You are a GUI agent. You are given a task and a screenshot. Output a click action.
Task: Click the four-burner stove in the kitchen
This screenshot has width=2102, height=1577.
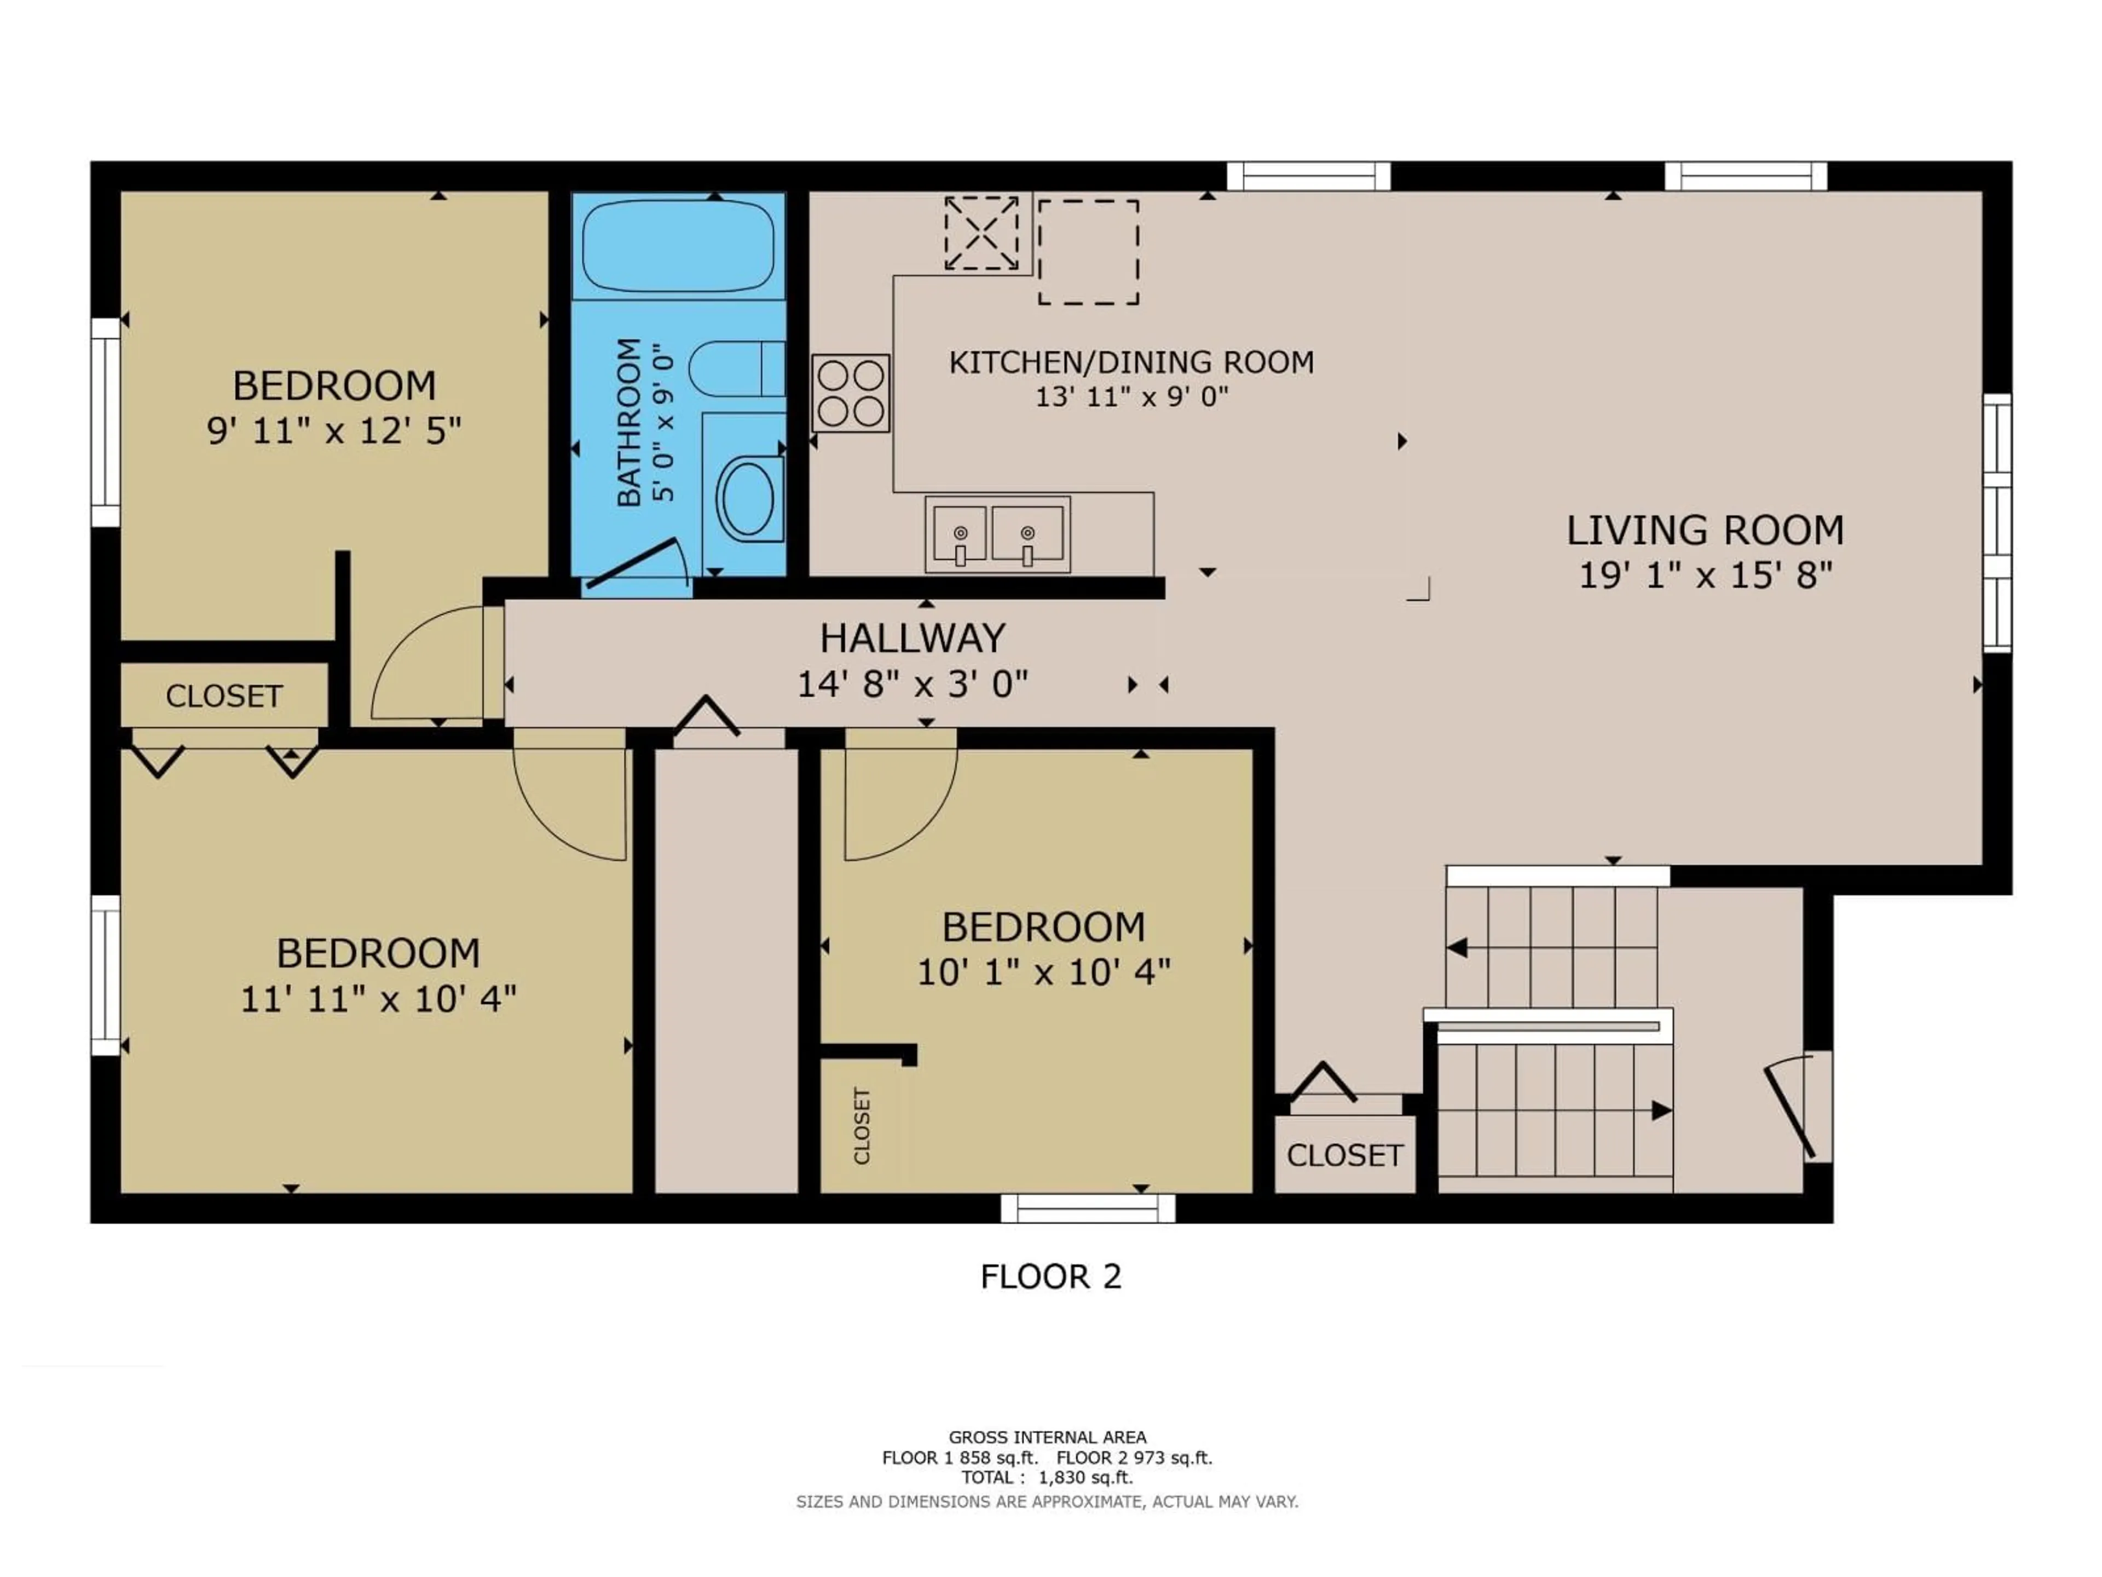[x=851, y=393]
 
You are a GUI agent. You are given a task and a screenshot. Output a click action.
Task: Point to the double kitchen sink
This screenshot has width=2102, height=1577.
[x=997, y=534]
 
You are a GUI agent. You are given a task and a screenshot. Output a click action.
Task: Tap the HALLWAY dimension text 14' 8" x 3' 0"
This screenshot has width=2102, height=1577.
[x=913, y=683]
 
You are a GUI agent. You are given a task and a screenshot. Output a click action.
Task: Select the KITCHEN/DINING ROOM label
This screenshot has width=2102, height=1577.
[x=1131, y=362]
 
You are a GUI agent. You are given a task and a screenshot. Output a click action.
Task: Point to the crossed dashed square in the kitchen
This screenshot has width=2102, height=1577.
[x=981, y=233]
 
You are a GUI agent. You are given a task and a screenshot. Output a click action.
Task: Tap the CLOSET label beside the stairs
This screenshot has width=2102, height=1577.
[x=1344, y=1155]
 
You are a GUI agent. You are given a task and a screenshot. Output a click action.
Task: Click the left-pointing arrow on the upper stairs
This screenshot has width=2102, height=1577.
[x=1457, y=948]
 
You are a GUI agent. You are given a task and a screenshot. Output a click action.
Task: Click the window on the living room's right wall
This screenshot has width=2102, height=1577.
[x=1996, y=523]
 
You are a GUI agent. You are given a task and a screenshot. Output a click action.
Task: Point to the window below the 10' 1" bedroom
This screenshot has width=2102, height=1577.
[x=1088, y=1208]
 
